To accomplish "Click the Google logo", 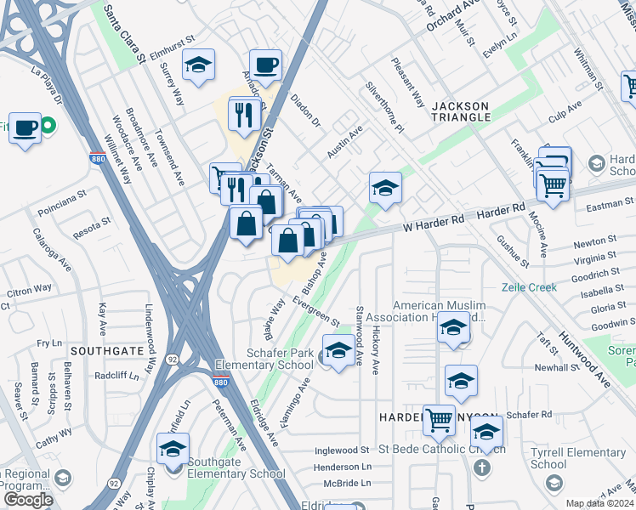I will tap(28, 500).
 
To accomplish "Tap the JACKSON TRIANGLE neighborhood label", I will tap(461, 111).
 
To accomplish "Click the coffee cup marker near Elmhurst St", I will tap(265, 65).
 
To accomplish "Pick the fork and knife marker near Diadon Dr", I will tap(245, 114).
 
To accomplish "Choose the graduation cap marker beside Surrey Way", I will tap(198, 65).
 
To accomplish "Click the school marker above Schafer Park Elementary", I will tap(338, 350).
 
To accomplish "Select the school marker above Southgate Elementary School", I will tap(173, 449).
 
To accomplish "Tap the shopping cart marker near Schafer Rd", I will tap(439, 418).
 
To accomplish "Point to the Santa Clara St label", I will tap(123, 34).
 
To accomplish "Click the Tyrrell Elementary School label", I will tap(566, 459).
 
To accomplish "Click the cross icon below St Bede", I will tap(481, 467).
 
